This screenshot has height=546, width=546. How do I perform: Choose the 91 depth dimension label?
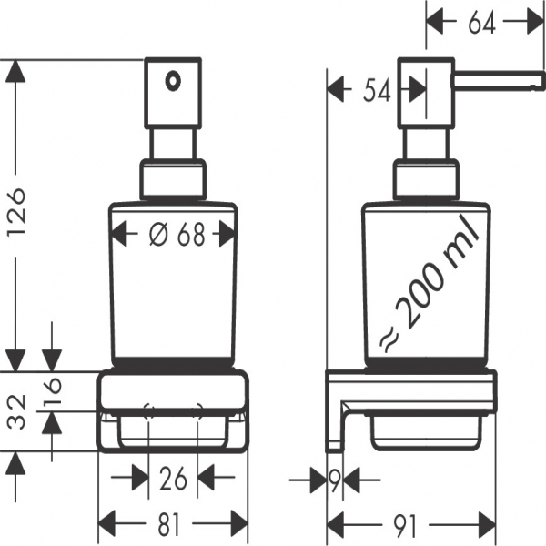pos(410,522)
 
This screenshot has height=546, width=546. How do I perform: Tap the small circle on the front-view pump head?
pos(170,81)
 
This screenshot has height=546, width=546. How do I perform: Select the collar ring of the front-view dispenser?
pos(173,180)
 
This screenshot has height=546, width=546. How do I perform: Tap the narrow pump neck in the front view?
pos(173,144)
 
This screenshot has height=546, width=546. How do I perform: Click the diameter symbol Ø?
pos(157,235)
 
